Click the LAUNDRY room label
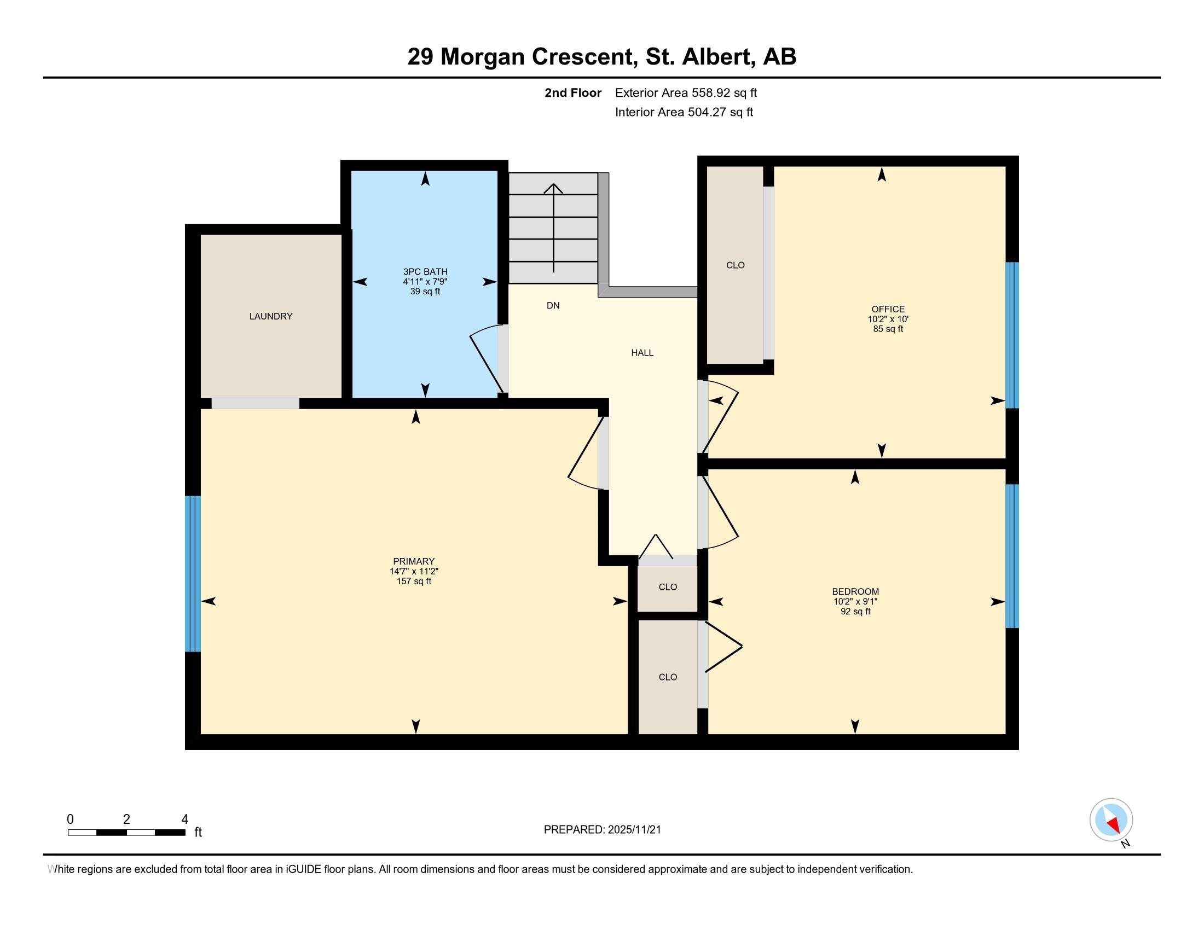click(x=271, y=316)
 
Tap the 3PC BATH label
click(x=425, y=272)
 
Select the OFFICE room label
click(x=888, y=309)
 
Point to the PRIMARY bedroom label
click(x=414, y=561)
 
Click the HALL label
click(x=642, y=353)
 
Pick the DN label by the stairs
click(x=553, y=305)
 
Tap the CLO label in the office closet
click(x=736, y=265)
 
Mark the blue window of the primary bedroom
click(x=193, y=573)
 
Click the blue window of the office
click(x=1012, y=335)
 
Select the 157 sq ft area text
click(x=414, y=581)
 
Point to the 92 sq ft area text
click(x=855, y=611)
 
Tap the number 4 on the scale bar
click(x=184, y=819)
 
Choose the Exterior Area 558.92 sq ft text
click(x=686, y=92)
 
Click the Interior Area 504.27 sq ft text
click(x=684, y=112)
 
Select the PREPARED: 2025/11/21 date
click(x=602, y=829)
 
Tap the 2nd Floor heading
click(x=573, y=92)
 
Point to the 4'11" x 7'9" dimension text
click(x=425, y=282)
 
